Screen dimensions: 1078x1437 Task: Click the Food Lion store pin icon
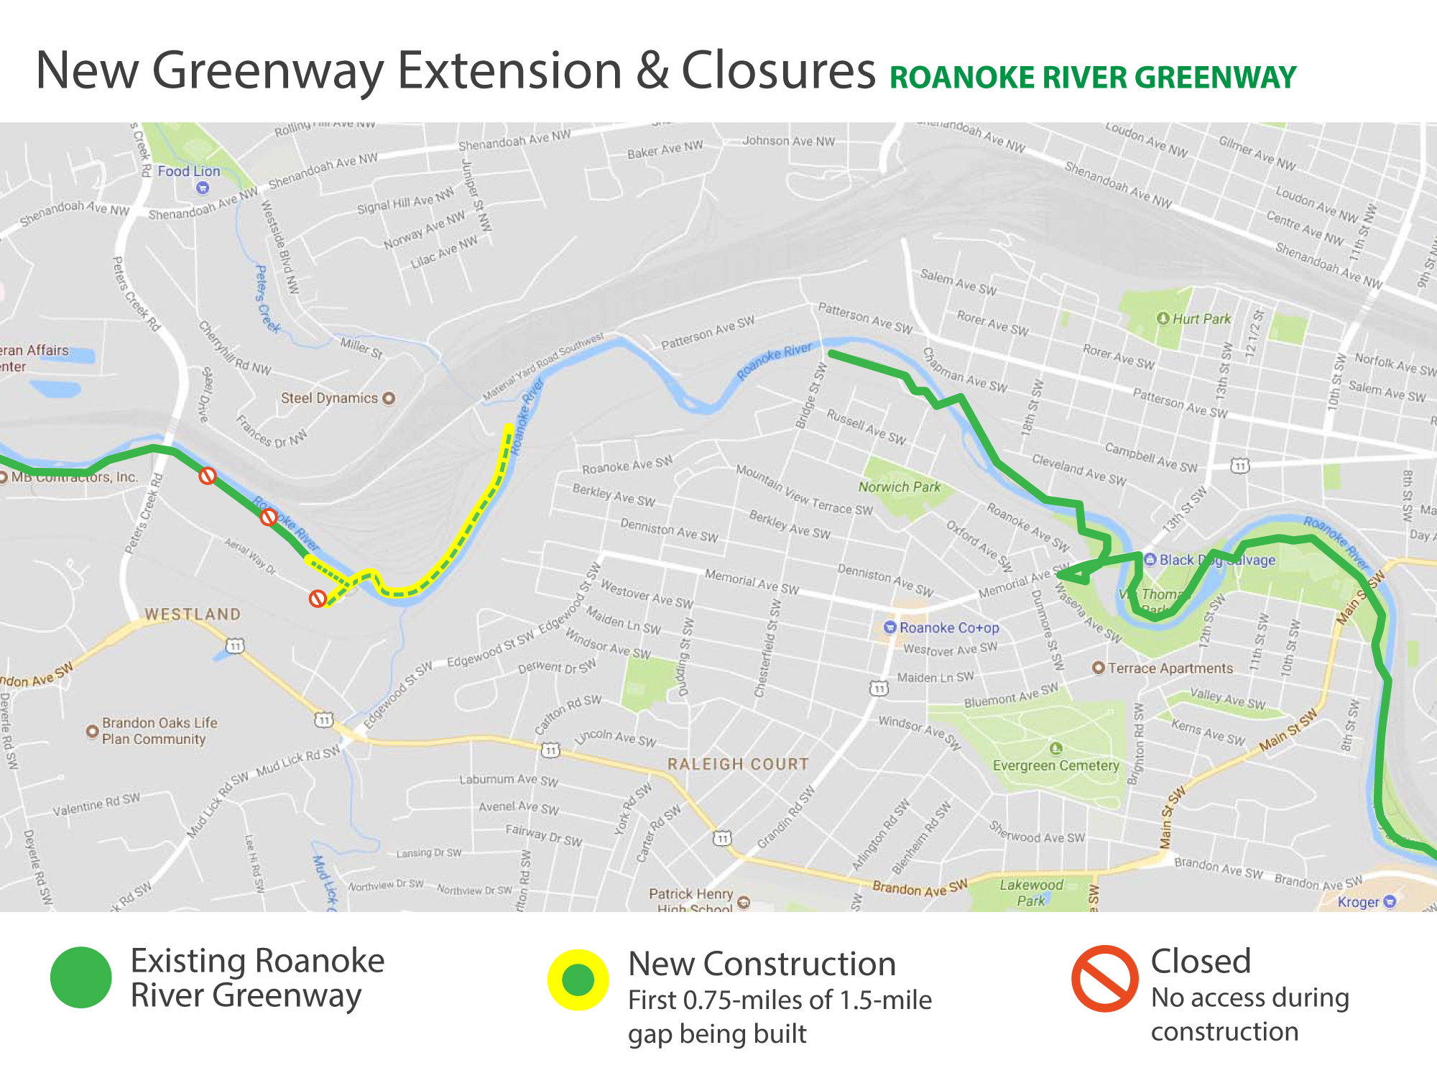point(203,188)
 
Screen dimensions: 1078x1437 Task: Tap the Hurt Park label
point(1201,318)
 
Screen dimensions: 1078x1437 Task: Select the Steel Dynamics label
point(329,398)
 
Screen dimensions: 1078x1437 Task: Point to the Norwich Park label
point(900,487)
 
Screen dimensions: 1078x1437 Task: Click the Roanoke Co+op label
point(948,627)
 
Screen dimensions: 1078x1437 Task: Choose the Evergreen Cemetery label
point(1055,765)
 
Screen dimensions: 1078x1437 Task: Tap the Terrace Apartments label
point(1170,668)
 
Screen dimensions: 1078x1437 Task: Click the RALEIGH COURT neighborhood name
point(738,764)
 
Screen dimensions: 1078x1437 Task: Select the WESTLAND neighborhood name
point(193,614)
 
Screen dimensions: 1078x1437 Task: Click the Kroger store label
point(1359,902)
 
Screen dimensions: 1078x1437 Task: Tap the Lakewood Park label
point(1031,893)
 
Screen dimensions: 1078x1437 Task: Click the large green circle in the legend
point(81,977)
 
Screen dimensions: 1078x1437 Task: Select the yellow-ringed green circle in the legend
point(578,980)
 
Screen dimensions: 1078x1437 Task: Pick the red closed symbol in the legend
point(1104,979)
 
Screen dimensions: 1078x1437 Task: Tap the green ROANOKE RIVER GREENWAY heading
point(1092,78)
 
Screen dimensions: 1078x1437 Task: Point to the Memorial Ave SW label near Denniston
point(752,581)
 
